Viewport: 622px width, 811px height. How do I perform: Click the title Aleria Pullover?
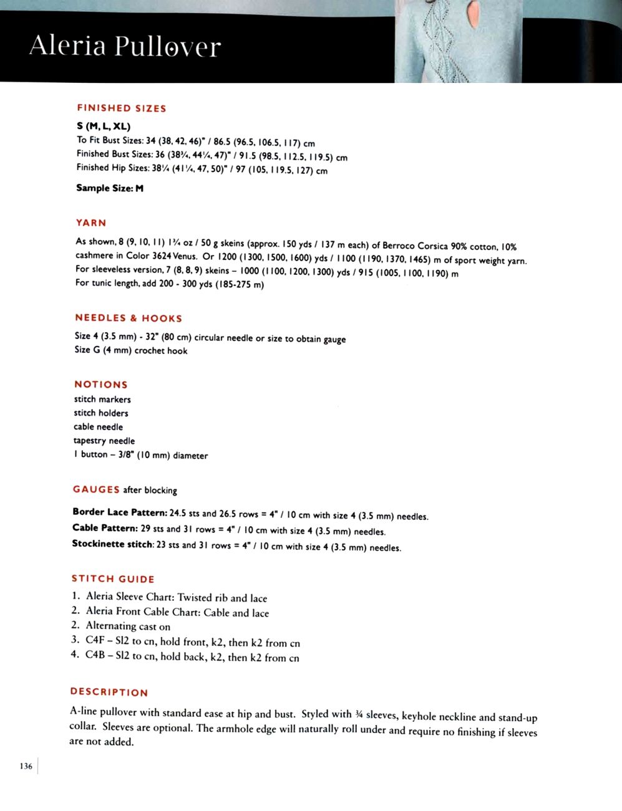point(125,46)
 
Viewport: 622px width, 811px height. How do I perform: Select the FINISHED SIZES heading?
point(122,108)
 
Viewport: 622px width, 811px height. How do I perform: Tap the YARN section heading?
point(91,223)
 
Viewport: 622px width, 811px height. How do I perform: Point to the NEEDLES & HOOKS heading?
point(129,318)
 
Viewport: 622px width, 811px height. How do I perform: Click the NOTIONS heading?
point(101,385)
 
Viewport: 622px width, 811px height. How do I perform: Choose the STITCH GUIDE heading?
point(113,579)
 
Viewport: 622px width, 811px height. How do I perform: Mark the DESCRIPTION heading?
point(109,692)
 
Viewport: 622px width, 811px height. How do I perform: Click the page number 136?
point(26,766)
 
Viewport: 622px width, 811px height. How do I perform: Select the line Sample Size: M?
point(110,188)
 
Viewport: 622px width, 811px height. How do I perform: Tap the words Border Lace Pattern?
point(120,512)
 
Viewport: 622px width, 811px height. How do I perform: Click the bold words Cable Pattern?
point(104,528)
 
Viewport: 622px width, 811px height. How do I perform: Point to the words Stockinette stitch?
point(112,544)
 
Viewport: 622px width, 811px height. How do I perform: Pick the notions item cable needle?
point(99,427)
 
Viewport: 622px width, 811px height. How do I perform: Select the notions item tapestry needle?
point(104,441)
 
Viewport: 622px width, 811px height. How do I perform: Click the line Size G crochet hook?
point(131,350)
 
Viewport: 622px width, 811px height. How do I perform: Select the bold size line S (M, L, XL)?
point(104,126)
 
